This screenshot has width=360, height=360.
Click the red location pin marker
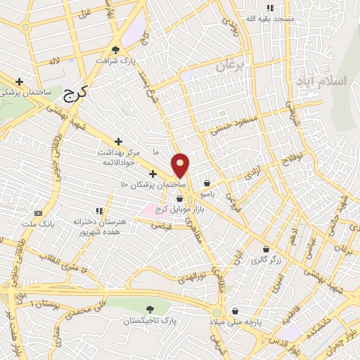point(181,167)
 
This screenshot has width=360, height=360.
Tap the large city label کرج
point(77,94)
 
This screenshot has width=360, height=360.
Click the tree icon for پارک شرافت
point(115,49)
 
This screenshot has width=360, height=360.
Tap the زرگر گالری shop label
point(266,259)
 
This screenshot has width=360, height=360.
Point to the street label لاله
point(54,62)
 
